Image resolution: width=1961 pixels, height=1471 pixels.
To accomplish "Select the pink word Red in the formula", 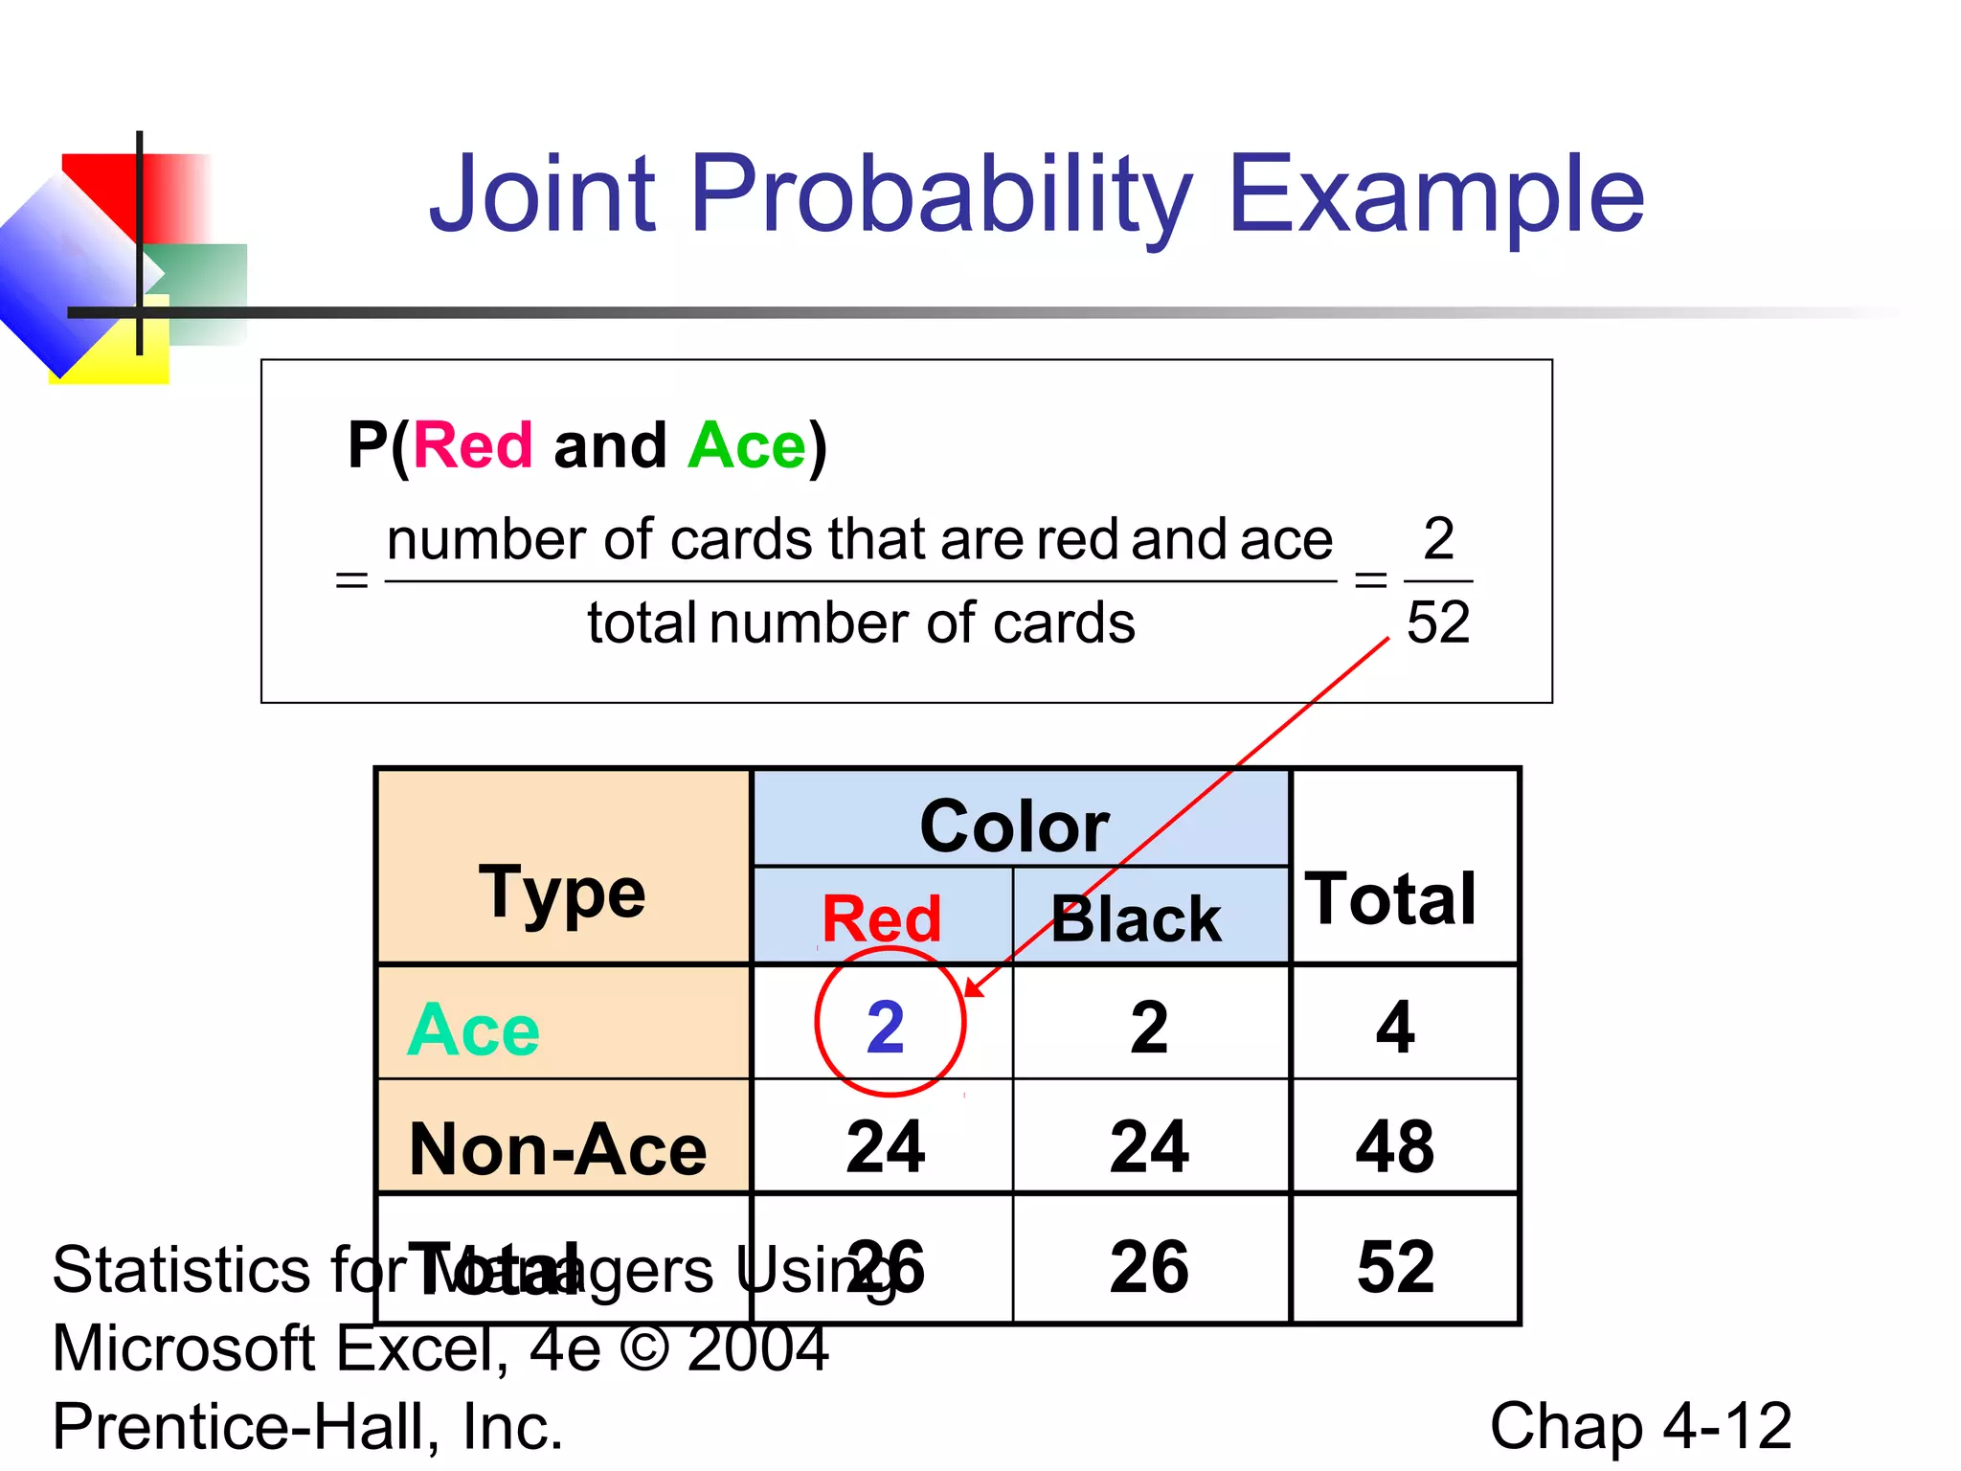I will tap(472, 445).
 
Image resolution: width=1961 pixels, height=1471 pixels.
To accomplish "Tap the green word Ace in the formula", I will tap(747, 445).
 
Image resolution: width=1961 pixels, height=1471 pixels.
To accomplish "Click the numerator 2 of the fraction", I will tap(1438, 538).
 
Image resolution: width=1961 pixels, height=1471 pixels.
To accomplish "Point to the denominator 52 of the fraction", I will tap(1438, 622).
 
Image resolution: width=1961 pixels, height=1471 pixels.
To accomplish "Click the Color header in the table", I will tap(1014, 826).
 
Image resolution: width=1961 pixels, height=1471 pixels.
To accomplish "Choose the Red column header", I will tap(882, 918).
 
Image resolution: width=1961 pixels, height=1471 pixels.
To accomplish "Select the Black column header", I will tap(1137, 919).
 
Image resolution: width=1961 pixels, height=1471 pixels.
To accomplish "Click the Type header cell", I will tap(562, 893).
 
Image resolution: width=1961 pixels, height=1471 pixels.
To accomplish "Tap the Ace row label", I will tap(473, 1030).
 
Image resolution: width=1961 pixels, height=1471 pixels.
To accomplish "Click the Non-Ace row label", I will tap(557, 1148).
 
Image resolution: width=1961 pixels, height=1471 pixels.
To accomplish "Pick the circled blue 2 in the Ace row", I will tap(886, 1027).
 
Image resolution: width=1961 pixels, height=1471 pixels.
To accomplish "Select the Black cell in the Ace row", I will tap(1149, 1027).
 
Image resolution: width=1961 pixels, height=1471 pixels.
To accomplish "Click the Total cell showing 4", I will tap(1395, 1027).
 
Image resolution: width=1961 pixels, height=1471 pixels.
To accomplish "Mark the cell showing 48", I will tap(1395, 1146).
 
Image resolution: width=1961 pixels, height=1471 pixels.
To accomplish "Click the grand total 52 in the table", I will tap(1395, 1266).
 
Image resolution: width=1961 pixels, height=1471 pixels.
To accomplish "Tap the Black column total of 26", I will tap(1149, 1266).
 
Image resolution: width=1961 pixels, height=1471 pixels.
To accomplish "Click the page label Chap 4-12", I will tap(1640, 1425).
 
